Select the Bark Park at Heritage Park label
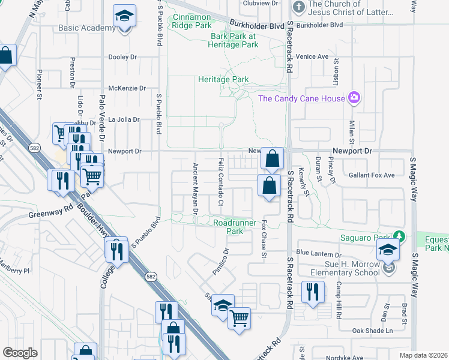(x=233, y=40)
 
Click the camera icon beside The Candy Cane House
(x=354, y=98)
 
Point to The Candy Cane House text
(x=301, y=98)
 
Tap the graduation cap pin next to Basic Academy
(x=124, y=16)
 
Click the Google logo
(x=20, y=353)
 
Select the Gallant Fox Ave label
(x=372, y=175)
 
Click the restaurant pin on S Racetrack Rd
(x=312, y=292)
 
